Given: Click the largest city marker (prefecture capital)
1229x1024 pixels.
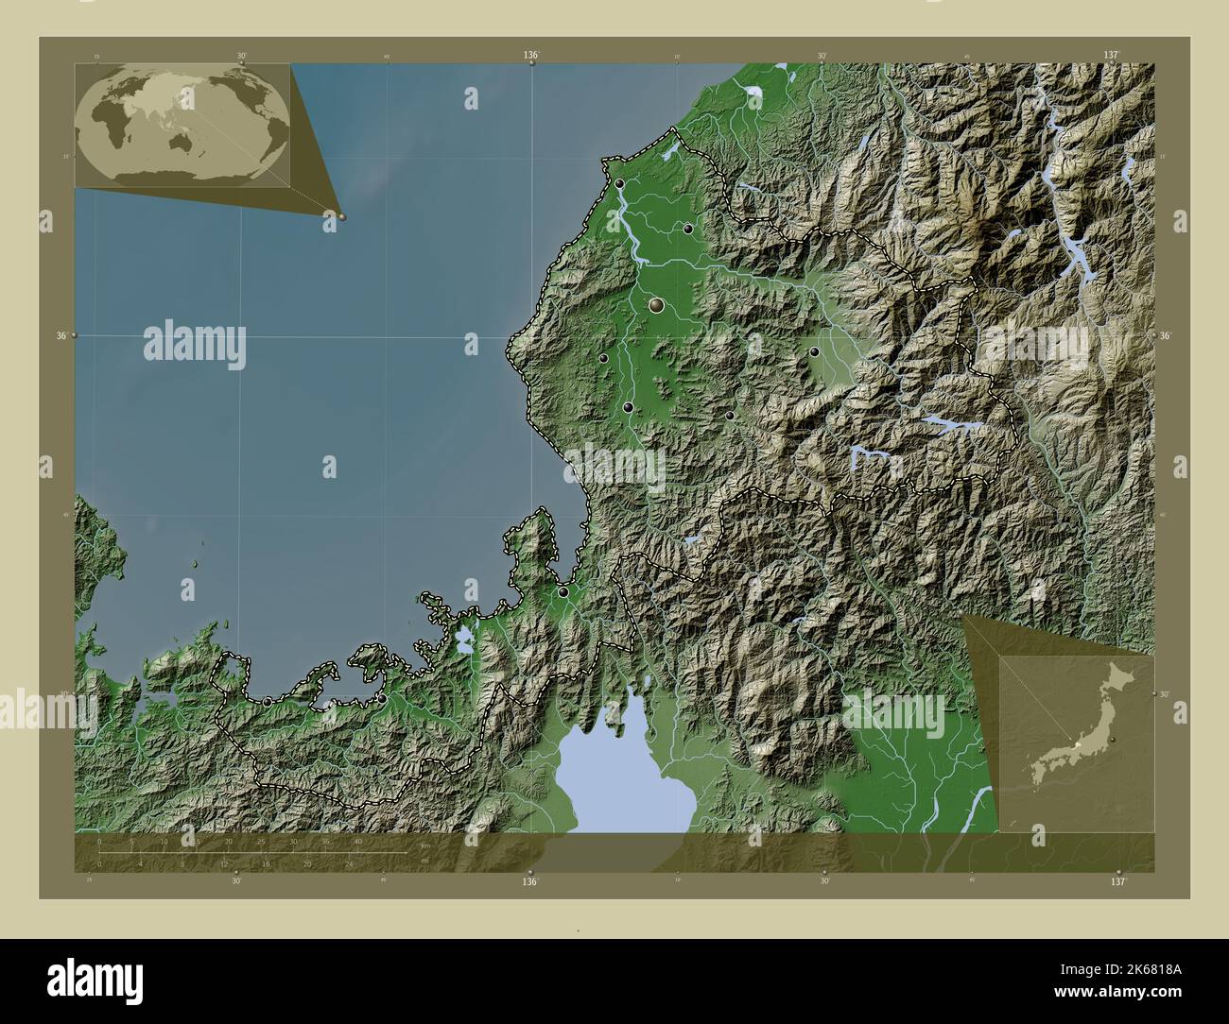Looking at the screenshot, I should (x=657, y=305).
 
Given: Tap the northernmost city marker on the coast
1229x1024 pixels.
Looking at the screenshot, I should (x=619, y=183).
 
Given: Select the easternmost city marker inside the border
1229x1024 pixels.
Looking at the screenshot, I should (x=814, y=351).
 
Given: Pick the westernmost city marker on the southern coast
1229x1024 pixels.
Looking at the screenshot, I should (x=268, y=701).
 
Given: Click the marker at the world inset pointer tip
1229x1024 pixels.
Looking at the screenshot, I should (x=341, y=216).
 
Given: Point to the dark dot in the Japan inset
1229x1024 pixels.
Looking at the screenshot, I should (x=1115, y=738).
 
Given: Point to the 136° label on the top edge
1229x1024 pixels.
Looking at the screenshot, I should (x=531, y=56).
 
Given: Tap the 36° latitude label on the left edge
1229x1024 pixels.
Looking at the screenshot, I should (x=61, y=335).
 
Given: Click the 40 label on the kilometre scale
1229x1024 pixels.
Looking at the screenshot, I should (x=357, y=842).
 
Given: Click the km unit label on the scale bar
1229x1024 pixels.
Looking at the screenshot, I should (x=425, y=845).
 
